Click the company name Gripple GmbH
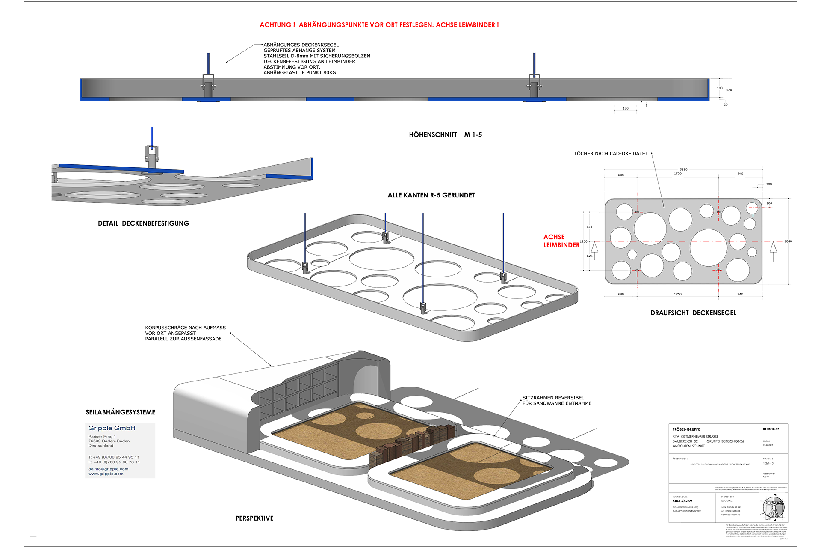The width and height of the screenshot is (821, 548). pos(112,428)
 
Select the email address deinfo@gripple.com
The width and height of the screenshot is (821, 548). pos(108,469)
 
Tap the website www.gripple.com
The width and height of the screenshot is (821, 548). pos(106,474)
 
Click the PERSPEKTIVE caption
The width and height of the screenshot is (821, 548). pos(254,518)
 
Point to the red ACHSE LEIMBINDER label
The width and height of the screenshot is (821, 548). pos(561,241)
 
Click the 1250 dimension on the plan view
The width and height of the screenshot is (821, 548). pos(583,241)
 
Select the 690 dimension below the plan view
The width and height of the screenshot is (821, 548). pos(621,294)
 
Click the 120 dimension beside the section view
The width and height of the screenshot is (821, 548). pos(729,90)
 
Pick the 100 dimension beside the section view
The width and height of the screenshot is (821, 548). pos(720,88)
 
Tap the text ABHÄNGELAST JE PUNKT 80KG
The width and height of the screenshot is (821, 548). pos(300,73)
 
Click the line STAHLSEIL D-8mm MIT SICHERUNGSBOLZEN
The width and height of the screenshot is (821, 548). pos(317,56)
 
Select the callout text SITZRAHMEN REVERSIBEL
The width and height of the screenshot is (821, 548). pos(553,398)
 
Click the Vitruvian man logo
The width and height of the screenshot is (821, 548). pos(773,508)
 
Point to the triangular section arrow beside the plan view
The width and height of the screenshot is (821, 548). pos(594,247)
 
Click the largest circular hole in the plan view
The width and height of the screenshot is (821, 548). pos(708,247)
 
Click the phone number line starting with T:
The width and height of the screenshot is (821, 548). pos(114,457)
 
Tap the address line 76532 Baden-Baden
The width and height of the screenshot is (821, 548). pos(109,441)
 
